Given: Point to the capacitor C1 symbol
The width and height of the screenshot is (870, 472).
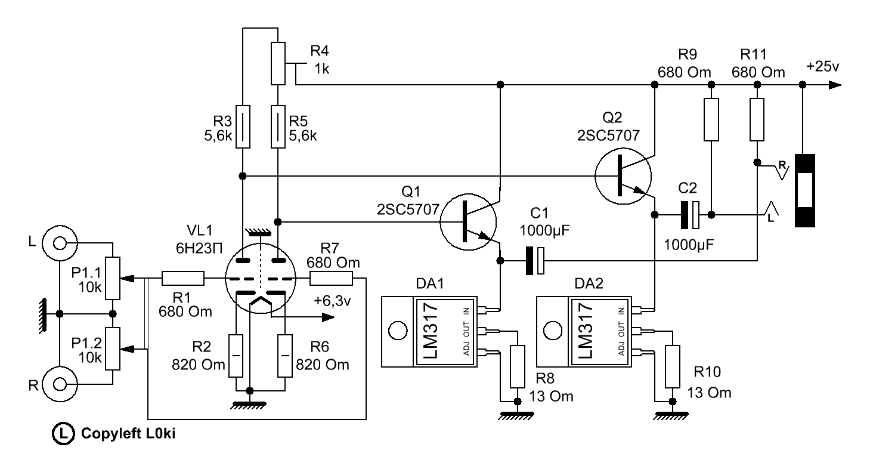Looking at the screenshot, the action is (x=535, y=261).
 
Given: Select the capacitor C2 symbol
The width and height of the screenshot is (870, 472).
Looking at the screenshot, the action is (x=690, y=215).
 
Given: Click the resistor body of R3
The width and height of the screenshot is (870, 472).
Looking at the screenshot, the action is (x=243, y=127).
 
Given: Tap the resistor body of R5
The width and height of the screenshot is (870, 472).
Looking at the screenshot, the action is (x=278, y=127).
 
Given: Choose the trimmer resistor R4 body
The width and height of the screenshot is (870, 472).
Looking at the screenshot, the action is (x=278, y=63).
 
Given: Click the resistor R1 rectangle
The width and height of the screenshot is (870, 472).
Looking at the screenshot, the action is (x=183, y=279).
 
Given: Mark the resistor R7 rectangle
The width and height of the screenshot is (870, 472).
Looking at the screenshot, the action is (x=332, y=279).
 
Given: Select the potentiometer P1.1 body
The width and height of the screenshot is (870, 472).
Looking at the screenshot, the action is (x=113, y=278).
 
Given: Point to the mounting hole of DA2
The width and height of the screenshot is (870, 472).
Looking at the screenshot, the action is (x=553, y=331).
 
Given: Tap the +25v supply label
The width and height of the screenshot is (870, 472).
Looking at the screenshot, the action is (x=823, y=66).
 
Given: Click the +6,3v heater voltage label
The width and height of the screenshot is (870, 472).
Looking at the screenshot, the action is (x=332, y=301).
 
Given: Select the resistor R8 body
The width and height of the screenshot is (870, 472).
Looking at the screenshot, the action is (x=518, y=366).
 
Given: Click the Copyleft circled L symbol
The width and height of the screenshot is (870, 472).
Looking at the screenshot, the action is (x=63, y=433).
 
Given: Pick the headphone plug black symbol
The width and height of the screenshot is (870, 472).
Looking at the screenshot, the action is (x=805, y=190).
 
